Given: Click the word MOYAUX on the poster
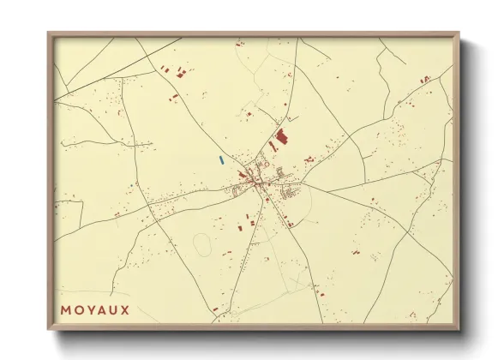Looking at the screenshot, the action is coord(95,309).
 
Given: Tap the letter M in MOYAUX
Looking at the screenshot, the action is coord(65,309).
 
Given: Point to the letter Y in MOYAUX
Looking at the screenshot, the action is coord(89,309).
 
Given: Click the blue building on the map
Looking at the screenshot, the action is coord(221,159).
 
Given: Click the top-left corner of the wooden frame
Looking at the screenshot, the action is coord(49,34).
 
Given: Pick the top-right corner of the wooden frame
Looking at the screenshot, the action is coord(459,34).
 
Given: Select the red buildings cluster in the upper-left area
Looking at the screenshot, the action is coord(181,72).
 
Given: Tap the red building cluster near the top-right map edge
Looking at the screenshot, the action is coord(425,80).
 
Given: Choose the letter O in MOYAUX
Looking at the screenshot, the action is coord(77,309).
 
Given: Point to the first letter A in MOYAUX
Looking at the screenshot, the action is coord(101,309).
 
